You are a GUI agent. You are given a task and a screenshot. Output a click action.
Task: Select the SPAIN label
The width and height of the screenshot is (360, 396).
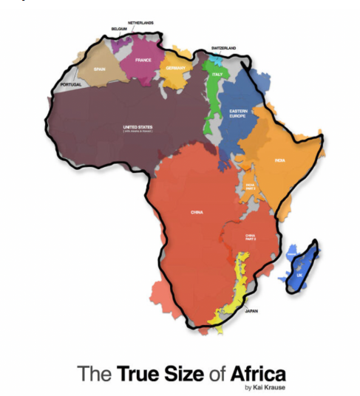coord(100,69)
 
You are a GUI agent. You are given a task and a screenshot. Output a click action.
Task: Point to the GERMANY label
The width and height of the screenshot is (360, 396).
coord(178,67)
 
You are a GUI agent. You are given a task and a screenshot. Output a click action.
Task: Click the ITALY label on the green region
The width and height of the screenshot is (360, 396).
coord(217,74)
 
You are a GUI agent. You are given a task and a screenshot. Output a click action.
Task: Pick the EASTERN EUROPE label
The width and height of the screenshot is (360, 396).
coord(237,112)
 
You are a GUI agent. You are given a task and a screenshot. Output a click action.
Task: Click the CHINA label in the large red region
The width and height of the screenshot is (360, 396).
coord(197,212)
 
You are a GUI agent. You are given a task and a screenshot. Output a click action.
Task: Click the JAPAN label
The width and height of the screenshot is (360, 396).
coord(251,311)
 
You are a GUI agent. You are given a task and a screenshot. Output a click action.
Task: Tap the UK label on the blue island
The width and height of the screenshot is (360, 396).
coord(299,275)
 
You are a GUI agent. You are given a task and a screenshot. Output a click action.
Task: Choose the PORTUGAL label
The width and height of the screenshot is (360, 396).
coord(71,84)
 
